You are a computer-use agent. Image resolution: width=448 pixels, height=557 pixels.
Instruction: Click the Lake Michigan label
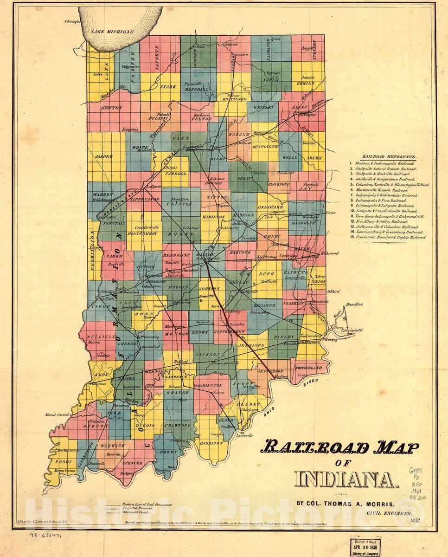pyautogui.click(x=112, y=32)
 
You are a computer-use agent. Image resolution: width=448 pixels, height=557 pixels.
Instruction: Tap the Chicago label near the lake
pyautogui.click(x=73, y=21)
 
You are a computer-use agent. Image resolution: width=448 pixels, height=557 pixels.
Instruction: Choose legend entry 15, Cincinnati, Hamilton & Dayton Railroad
pyautogui.click(x=390, y=237)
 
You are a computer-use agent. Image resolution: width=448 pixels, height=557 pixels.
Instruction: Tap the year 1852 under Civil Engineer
pyautogui.click(x=415, y=521)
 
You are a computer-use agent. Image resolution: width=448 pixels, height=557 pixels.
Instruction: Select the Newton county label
pyautogui.click(x=112, y=108)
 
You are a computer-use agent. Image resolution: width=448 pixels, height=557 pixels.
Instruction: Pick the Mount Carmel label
pyautogui.click(x=57, y=414)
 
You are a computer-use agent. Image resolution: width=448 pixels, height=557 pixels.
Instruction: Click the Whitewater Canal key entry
pyautogui.click(x=141, y=513)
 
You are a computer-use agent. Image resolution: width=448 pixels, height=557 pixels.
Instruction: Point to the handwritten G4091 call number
pyautogui.click(x=416, y=470)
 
